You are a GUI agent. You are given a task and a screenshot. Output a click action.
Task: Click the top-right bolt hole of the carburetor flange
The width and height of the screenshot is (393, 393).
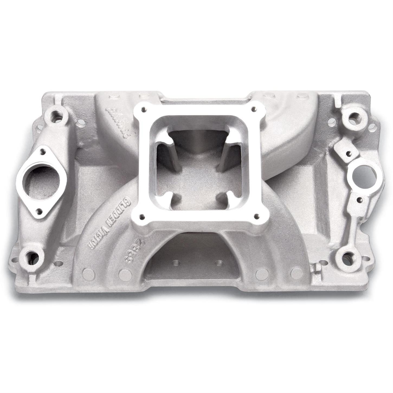point(253,109)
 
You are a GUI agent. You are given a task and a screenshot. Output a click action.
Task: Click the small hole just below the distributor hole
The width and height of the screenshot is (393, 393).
point(359,200)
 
